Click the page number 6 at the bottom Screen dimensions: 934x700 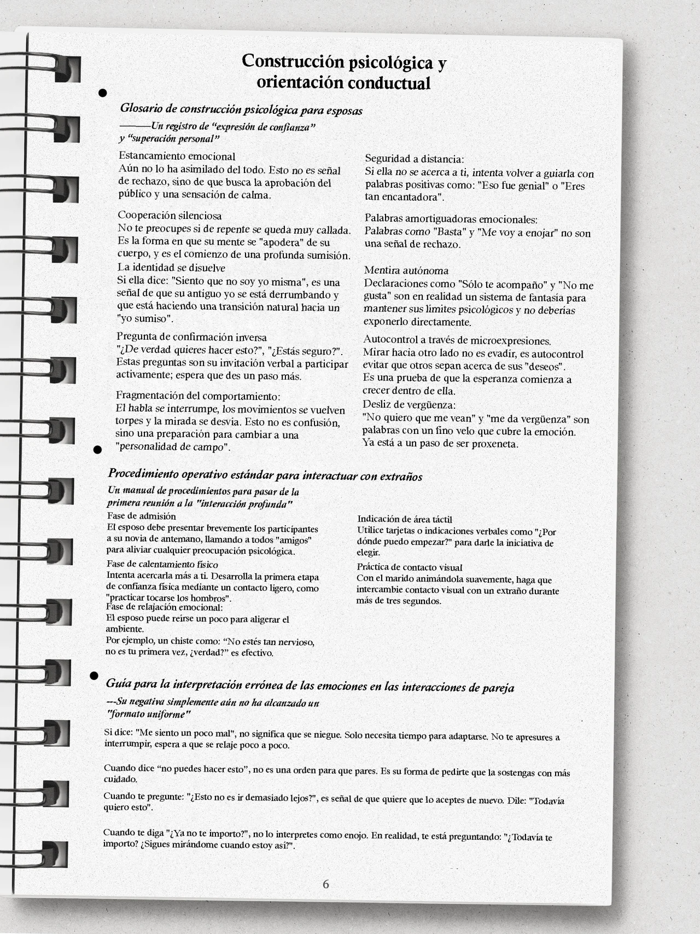326,884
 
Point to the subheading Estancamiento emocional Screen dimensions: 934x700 177,156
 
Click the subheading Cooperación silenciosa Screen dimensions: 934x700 170,216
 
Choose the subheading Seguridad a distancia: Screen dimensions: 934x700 415,159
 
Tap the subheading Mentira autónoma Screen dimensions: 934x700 406,270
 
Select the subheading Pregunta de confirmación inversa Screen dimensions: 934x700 191,337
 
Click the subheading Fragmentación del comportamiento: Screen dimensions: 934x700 198,396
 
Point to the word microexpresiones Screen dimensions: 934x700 510,341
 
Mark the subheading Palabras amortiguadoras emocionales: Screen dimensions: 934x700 451,220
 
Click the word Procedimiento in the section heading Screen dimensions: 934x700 143,473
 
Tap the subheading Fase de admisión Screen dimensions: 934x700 141,516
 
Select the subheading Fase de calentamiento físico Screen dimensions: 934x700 162,564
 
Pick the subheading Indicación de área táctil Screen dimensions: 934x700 405,519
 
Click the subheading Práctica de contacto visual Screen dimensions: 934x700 410,567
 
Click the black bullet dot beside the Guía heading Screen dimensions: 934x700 94,675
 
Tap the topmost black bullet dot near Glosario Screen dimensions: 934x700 102,92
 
